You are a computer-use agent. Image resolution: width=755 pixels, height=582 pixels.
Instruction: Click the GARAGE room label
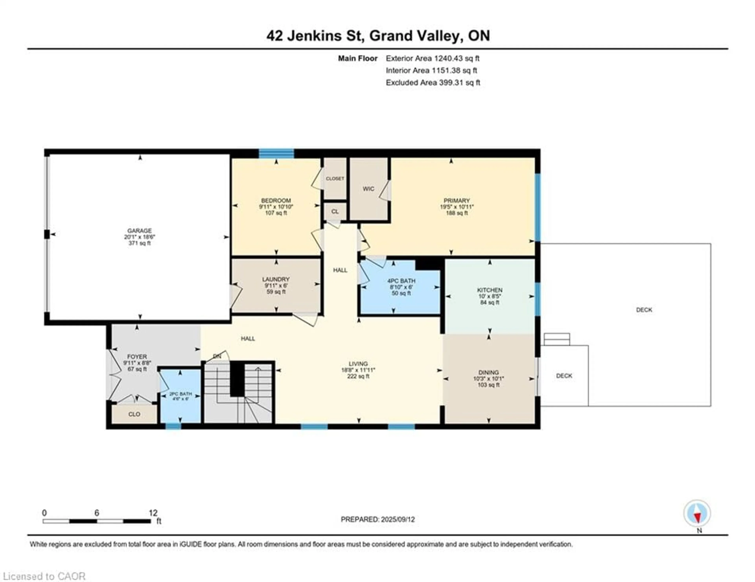pyautogui.click(x=139, y=231)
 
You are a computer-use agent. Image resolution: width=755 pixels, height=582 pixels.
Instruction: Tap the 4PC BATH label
pyautogui.click(x=401, y=281)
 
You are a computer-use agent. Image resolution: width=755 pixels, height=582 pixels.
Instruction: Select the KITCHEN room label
pyautogui.click(x=490, y=290)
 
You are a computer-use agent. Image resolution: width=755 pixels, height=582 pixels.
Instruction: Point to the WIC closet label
pyautogui.click(x=368, y=189)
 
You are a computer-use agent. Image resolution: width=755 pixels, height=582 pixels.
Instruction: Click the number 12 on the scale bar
pyautogui.click(x=153, y=513)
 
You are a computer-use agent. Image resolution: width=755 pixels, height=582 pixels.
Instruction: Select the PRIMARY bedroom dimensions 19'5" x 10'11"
pyautogui.click(x=457, y=207)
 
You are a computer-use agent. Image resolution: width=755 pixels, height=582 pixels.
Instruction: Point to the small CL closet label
pyautogui.click(x=335, y=212)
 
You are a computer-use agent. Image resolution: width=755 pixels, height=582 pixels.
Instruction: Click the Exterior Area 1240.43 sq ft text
pyautogui.click(x=433, y=58)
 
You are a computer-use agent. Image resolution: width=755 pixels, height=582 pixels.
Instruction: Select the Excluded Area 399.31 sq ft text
pyautogui.click(x=433, y=82)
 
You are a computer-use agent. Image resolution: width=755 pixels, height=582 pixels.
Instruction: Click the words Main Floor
pyautogui.click(x=357, y=58)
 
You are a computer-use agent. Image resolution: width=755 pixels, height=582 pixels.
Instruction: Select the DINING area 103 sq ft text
pyautogui.click(x=488, y=385)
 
